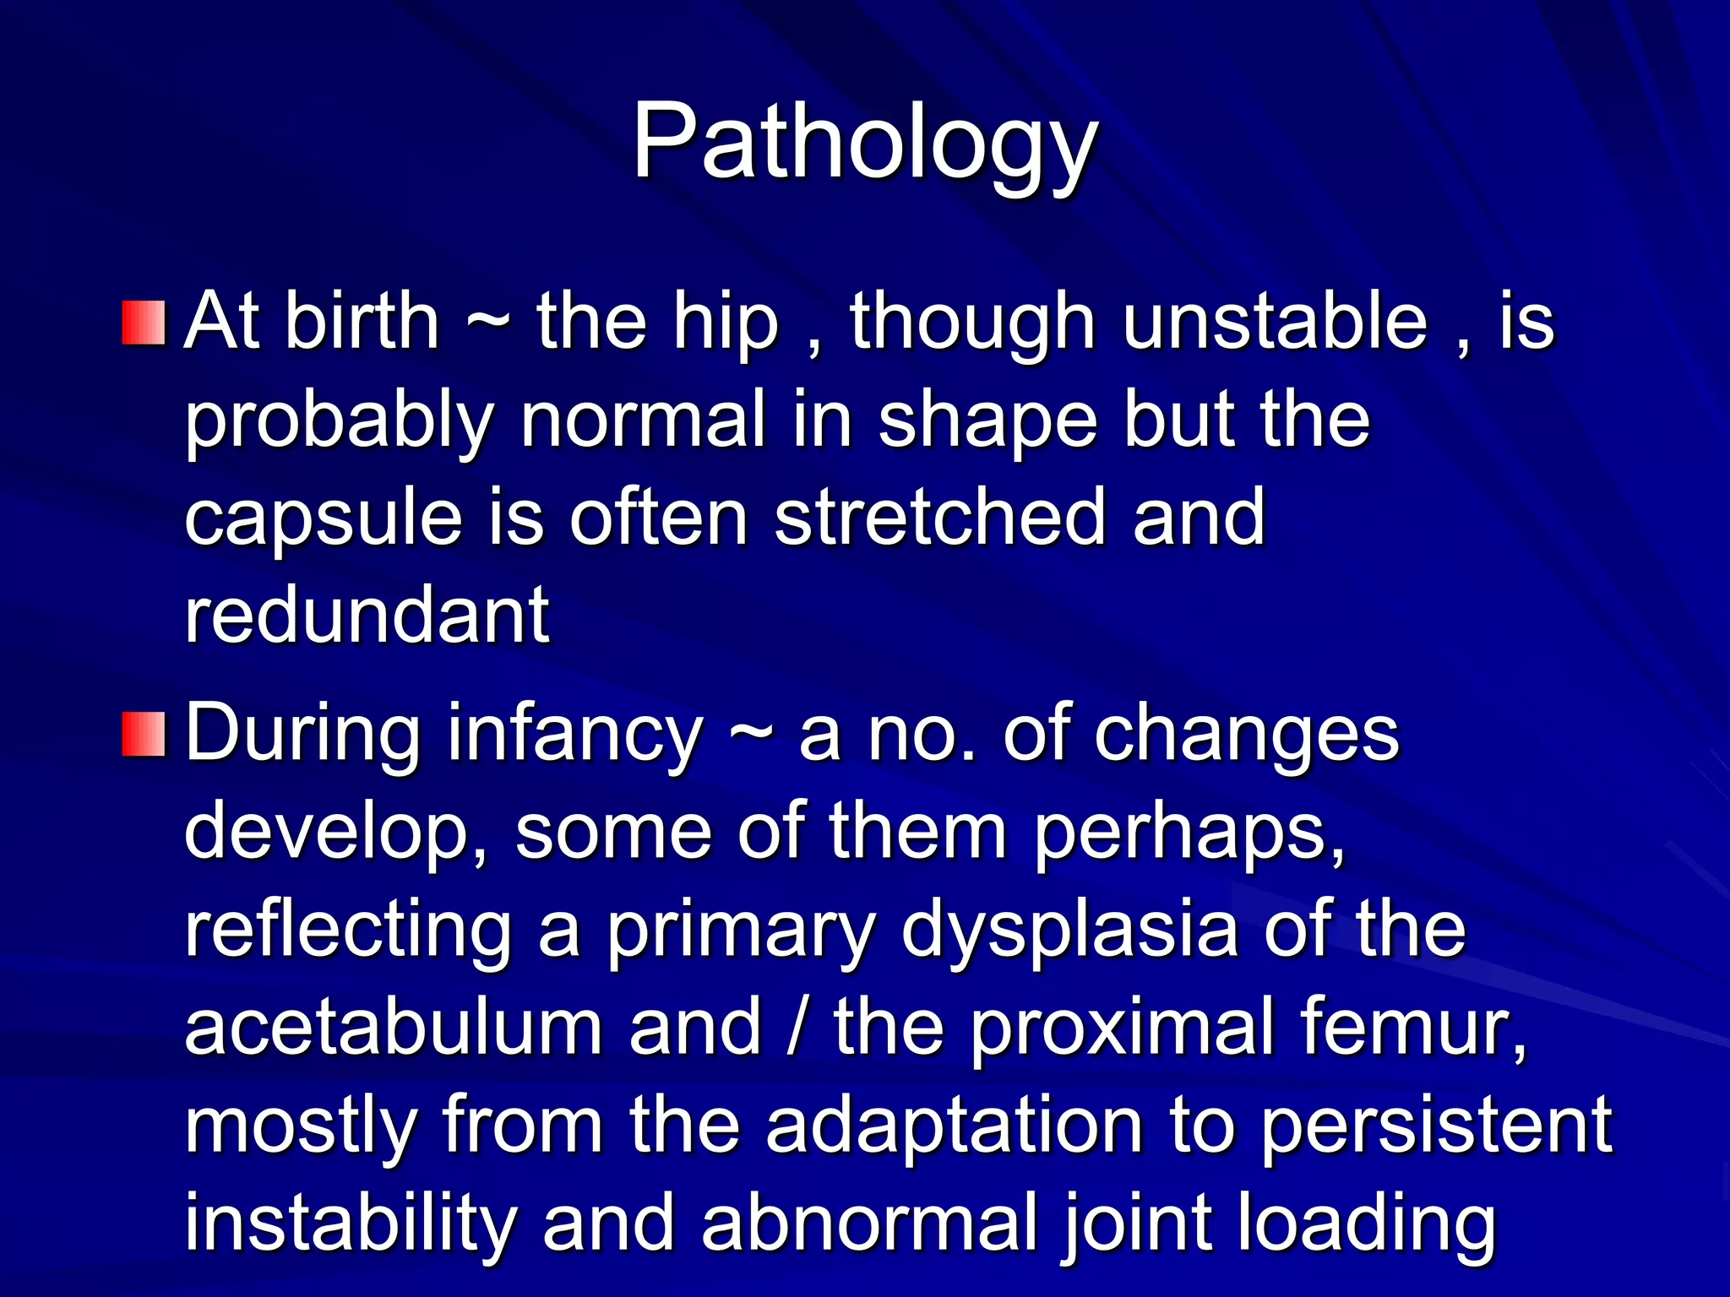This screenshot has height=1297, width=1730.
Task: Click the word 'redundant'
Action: click(367, 615)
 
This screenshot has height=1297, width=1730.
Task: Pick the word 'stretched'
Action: click(939, 517)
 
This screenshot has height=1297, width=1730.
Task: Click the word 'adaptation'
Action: click(955, 1126)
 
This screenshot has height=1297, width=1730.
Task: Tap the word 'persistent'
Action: click(1436, 1126)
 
